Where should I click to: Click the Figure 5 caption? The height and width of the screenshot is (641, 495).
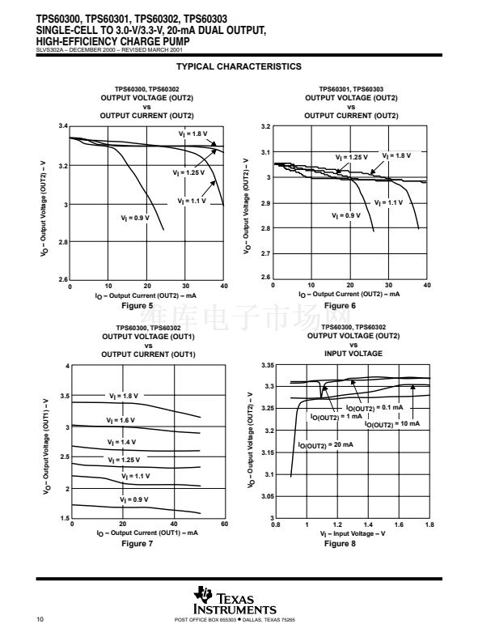[137, 305]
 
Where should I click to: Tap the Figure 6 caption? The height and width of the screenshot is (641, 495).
[340, 305]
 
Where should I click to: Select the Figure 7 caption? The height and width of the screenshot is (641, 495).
[137, 543]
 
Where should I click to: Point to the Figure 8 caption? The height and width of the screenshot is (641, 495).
[340, 543]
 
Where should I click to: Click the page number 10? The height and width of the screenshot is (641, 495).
[40, 620]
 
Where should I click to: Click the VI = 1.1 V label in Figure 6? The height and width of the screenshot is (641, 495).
[388, 202]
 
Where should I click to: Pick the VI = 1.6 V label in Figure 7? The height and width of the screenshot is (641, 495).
[121, 420]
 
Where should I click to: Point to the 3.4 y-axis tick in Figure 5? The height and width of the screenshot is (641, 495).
[63, 128]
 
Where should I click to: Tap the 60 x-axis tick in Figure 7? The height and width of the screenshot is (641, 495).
[225, 525]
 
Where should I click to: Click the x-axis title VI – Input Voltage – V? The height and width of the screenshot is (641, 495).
[352, 534]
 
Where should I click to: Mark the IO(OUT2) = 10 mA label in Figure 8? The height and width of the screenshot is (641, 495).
[398, 423]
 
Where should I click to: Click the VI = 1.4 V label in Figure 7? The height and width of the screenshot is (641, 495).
[122, 442]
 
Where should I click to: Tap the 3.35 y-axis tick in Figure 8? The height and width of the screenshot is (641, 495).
[268, 367]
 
